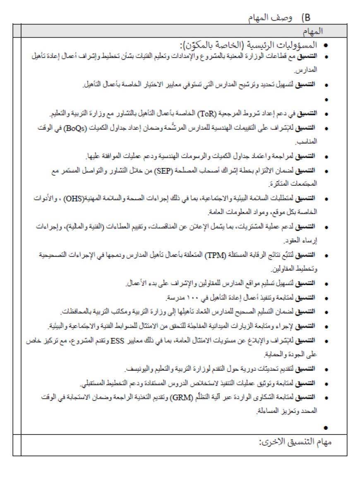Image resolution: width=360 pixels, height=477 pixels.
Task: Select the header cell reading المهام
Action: pyautogui.click(x=313, y=31)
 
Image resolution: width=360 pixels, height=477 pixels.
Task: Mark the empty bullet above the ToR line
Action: pyautogui.click(x=326, y=100)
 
